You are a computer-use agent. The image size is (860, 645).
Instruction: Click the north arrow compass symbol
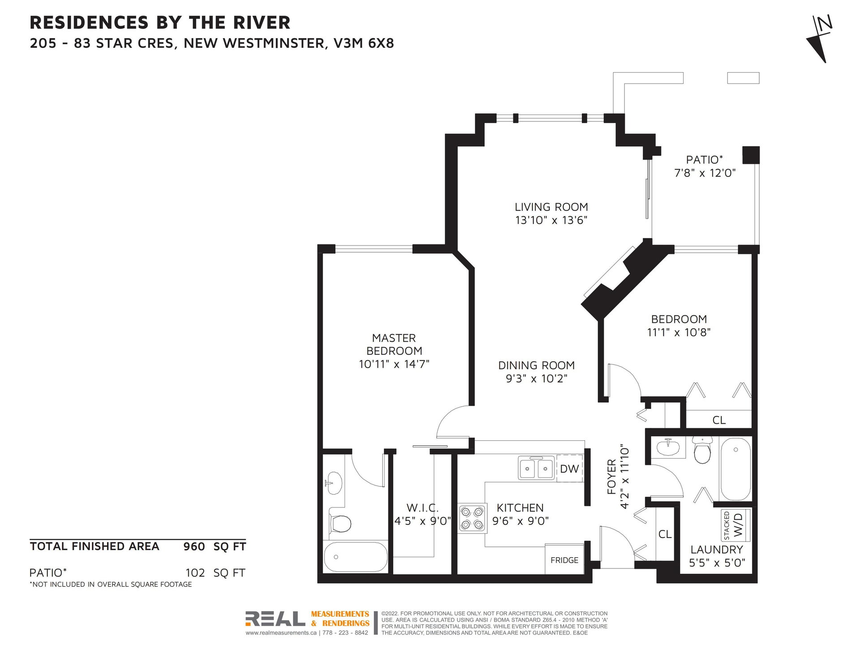(x=819, y=39)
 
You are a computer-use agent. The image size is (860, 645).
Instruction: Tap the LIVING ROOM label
(x=551, y=207)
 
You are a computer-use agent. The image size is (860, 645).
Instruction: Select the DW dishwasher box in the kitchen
(x=569, y=469)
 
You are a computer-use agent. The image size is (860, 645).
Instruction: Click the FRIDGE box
(x=564, y=559)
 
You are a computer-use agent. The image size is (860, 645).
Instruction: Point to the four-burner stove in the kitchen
(x=472, y=518)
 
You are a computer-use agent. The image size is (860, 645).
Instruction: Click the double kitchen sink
(x=537, y=469)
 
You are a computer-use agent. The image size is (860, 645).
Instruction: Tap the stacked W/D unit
(x=735, y=525)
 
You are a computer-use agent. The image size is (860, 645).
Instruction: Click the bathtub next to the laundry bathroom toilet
(x=735, y=469)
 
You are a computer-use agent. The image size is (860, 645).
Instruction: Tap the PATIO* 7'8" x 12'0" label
(x=705, y=166)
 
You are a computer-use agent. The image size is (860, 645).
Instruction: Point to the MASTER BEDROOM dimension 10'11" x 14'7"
(x=394, y=364)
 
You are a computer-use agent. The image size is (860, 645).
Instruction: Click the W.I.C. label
(x=422, y=508)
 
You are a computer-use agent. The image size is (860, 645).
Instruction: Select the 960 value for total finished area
(x=194, y=546)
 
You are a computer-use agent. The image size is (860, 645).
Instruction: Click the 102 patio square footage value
(x=195, y=573)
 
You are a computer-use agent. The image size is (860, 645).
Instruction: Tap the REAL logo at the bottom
(x=275, y=619)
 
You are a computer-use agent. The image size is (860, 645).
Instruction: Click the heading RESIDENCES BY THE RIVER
(x=160, y=22)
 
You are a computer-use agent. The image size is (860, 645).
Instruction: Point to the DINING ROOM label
(x=536, y=365)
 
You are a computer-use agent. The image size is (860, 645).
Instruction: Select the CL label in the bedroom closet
(x=719, y=420)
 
